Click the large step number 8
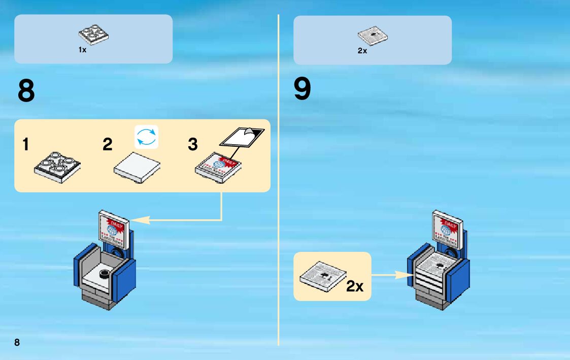(26, 91)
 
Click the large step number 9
(303, 89)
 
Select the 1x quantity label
(82, 50)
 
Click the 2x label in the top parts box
(362, 51)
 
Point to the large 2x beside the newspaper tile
(355, 286)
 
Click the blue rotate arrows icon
(147, 137)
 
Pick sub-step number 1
(25, 145)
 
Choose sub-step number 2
(107, 145)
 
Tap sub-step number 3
(192, 145)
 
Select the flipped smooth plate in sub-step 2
(137, 165)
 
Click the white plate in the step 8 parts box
(95, 34)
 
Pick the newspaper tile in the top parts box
(373, 35)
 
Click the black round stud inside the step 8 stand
(105, 275)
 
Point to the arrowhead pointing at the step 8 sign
(141, 220)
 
